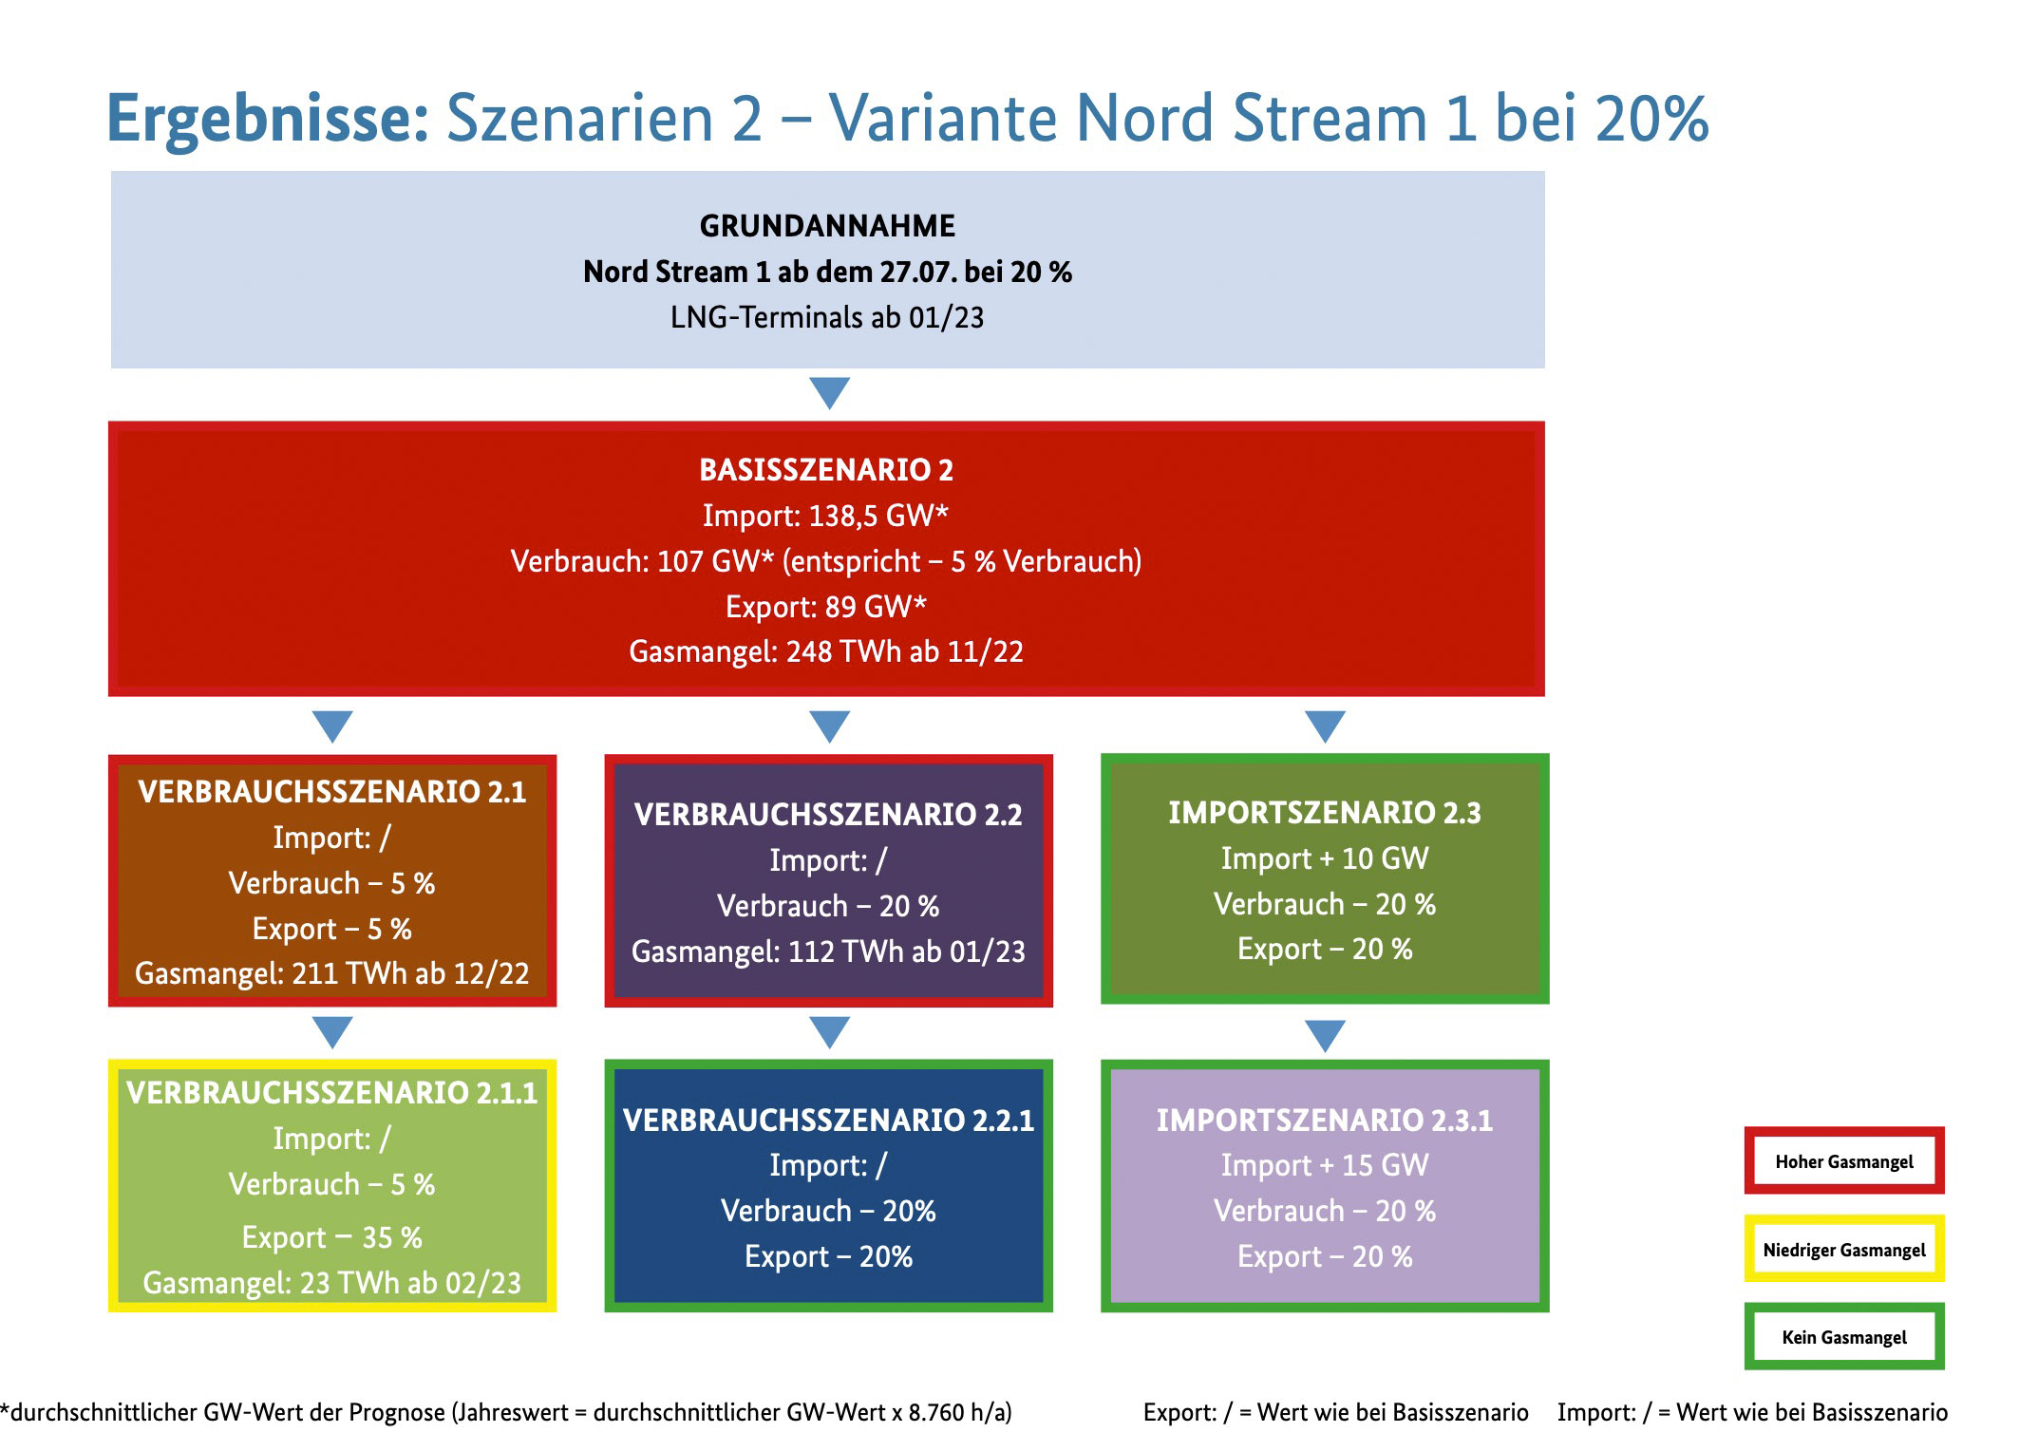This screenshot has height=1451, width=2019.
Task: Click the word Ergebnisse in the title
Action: (x=269, y=120)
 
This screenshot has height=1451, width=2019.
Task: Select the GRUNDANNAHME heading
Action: (x=827, y=226)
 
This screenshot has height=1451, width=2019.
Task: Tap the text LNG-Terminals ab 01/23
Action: (x=827, y=317)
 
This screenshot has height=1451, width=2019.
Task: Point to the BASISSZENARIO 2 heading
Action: (x=826, y=470)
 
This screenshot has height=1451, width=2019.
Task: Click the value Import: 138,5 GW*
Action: (x=826, y=516)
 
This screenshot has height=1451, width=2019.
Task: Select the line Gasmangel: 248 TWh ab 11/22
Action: (x=826, y=651)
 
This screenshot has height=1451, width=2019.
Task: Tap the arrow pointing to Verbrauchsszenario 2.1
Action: (x=332, y=726)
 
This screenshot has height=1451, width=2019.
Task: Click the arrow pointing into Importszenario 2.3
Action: (x=1326, y=726)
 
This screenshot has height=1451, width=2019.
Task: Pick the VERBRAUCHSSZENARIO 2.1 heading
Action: (x=332, y=792)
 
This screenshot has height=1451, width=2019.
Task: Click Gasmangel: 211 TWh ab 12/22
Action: (x=332, y=973)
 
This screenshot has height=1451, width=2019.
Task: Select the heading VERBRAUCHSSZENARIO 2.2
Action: (x=828, y=815)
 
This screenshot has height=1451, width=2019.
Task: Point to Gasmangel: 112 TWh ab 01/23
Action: (x=828, y=951)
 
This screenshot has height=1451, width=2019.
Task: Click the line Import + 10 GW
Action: (x=1325, y=858)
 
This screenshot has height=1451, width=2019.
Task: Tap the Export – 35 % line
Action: (x=332, y=1237)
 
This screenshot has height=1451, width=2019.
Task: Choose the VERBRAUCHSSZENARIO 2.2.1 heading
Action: (x=828, y=1121)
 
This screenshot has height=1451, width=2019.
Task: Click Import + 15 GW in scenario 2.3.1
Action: (x=1325, y=1165)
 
